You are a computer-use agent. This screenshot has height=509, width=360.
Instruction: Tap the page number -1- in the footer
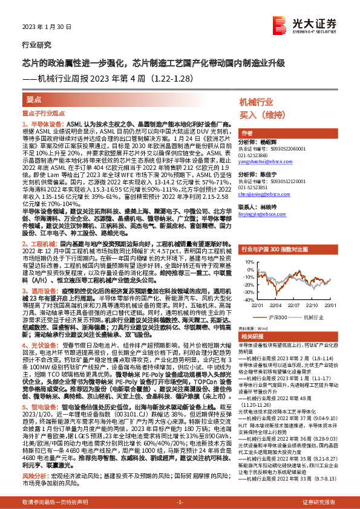click(x=180, y=502)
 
